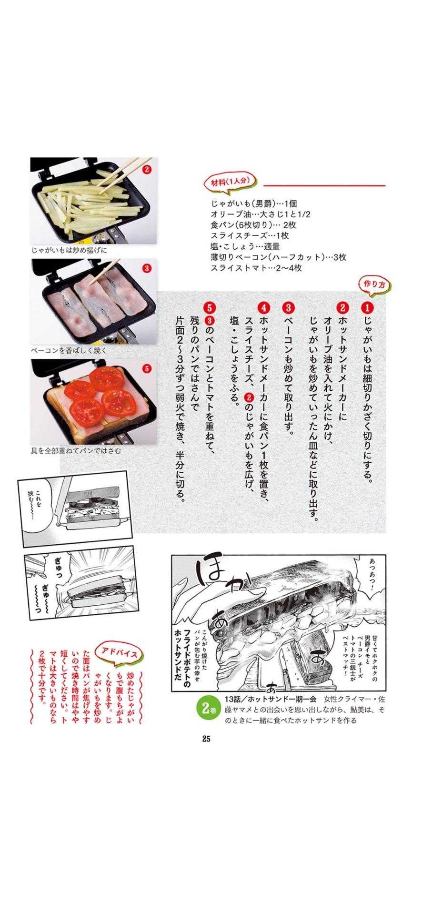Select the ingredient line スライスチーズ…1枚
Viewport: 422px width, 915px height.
pyautogui.click(x=250, y=236)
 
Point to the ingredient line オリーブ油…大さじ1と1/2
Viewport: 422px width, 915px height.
pyautogui.click(x=261, y=214)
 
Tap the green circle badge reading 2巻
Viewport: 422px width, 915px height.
pyautogui.click(x=206, y=708)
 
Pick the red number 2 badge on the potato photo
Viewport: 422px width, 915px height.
pyautogui.click(x=146, y=170)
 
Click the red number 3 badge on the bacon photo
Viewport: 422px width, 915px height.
pyautogui.click(x=146, y=268)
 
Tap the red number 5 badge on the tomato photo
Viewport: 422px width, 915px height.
pyautogui.click(x=146, y=368)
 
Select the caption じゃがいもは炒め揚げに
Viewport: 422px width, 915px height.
pyautogui.click(x=69, y=250)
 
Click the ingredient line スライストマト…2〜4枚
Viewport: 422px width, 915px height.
pyautogui.click(x=256, y=268)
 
